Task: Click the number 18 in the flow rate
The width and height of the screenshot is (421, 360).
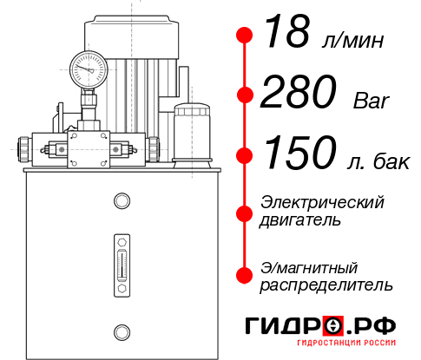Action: point(287,31)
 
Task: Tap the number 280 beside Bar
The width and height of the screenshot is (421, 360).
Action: point(299,92)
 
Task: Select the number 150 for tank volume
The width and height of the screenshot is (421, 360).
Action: point(300,153)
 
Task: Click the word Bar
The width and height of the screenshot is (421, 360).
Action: point(371,101)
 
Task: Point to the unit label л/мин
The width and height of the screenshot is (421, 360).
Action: point(352,41)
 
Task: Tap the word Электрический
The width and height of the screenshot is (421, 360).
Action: point(322,203)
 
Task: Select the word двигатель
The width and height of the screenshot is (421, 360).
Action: point(300,220)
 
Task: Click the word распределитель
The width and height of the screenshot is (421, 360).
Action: point(326,285)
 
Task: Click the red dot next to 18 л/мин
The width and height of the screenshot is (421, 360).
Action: point(245,36)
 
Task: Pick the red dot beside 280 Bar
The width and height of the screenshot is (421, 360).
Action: point(245,95)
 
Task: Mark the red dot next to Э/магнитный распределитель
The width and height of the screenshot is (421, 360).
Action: point(245,275)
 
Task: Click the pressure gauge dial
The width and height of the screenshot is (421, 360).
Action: point(89,69)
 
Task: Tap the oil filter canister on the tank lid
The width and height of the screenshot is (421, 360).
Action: point(192,134)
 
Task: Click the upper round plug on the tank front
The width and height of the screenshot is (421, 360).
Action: point(122,200)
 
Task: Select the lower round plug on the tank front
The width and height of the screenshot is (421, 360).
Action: point(122,332)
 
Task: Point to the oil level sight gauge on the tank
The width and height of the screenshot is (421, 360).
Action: point(122,265)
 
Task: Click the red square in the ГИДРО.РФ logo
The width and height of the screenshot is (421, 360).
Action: point(333,326)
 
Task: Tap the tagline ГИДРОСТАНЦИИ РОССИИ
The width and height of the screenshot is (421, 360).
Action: point(346,343)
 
